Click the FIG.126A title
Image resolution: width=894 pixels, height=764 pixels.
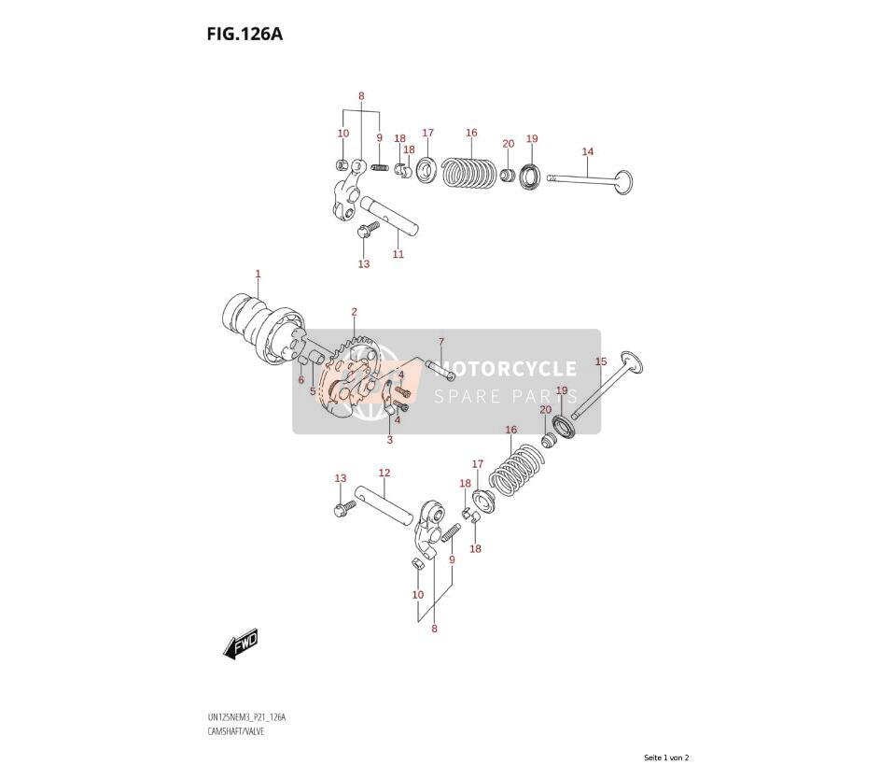244,35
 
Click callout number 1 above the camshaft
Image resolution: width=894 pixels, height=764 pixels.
258,275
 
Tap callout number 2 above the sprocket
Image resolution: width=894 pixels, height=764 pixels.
354,312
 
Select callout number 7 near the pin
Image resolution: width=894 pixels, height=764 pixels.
440,342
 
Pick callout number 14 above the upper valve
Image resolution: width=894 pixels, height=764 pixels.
588,151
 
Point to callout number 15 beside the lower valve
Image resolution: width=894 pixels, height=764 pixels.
601,361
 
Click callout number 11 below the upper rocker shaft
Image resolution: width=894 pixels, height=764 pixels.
398,254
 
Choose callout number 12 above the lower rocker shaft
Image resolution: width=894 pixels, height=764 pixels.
384,473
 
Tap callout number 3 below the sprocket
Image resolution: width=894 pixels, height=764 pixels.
390,439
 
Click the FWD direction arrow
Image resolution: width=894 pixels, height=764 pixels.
241,644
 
